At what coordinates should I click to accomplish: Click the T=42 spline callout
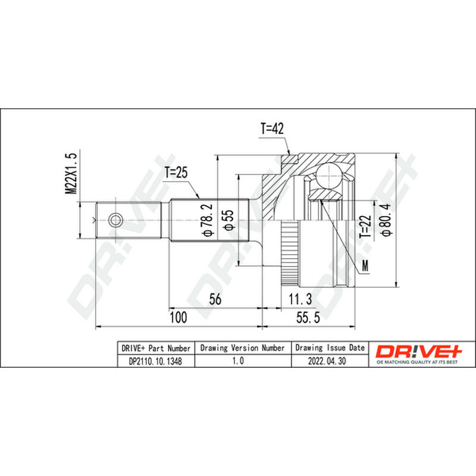(272, 129)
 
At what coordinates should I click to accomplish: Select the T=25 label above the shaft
(176, 173)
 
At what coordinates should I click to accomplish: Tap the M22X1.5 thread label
(71, 173)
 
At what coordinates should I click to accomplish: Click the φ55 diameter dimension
(228, 220)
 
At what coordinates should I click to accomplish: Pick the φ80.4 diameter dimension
(386, 220)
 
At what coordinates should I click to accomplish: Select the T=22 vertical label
(365, 227)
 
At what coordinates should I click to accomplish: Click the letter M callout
(365, 265)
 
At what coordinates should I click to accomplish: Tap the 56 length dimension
(215, 299)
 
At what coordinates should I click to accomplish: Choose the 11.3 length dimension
(300, 299)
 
